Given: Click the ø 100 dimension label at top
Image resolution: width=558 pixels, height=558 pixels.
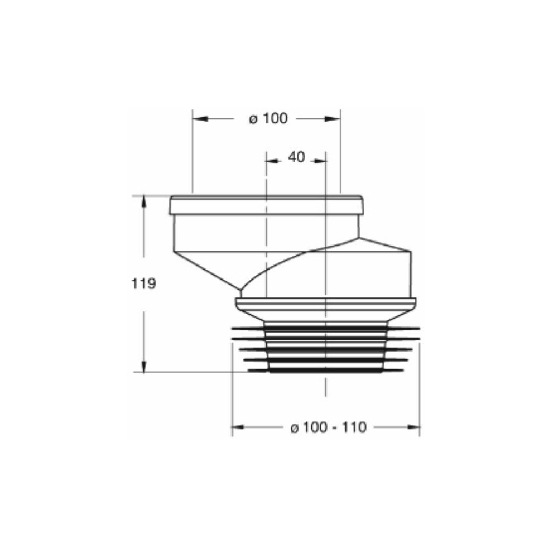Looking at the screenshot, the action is coord(268,118).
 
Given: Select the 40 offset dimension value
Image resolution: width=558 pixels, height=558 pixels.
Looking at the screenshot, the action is coord(296,157).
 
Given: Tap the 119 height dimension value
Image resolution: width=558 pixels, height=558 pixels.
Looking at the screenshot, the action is coord(144,283).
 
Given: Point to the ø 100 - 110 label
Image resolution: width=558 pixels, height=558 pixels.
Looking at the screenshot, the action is coord(329,427).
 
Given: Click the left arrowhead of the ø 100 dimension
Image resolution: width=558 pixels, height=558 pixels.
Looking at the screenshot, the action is coord(200,118).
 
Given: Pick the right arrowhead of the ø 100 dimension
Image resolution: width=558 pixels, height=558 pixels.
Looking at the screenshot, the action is coord(333,119).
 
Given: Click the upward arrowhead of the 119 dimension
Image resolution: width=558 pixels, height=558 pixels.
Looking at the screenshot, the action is coord(143,202).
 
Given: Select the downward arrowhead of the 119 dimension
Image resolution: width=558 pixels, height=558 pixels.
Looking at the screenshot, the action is coord(143,365).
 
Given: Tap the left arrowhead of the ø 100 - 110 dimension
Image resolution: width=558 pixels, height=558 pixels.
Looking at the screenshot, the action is coord(238,427).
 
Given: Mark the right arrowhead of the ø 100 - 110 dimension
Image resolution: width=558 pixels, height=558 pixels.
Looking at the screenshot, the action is coord(413,427).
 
